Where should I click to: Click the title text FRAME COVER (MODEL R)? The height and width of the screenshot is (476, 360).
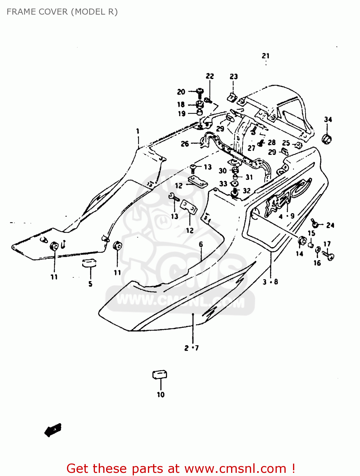coord(62,12)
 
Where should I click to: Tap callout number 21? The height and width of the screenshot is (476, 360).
coord(266,56)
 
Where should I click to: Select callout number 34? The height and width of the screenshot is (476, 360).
coord(328,120)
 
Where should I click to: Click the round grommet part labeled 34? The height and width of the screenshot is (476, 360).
coord(326,139)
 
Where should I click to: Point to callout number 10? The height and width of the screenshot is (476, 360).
coord(161,395)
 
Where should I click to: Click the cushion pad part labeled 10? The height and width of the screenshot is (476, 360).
coord(160,374)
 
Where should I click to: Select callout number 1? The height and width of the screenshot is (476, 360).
coord(138,131)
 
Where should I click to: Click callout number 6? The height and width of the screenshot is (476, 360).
coord(201,244)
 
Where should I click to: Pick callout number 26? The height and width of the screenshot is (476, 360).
coord(185,144)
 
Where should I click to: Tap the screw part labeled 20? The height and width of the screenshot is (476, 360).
coord(200,92)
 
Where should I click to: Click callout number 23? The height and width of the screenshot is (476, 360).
coord(234,77)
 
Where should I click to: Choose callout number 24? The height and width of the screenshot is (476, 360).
coord(330,225)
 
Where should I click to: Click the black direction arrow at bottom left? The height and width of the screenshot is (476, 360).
coord(53,430)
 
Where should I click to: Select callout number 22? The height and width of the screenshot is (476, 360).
coord(210,76)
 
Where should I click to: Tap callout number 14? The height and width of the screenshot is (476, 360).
coord(299,254)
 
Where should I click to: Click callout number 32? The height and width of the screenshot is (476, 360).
coord(247,191)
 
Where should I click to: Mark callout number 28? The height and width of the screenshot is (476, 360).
coord(272,142)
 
